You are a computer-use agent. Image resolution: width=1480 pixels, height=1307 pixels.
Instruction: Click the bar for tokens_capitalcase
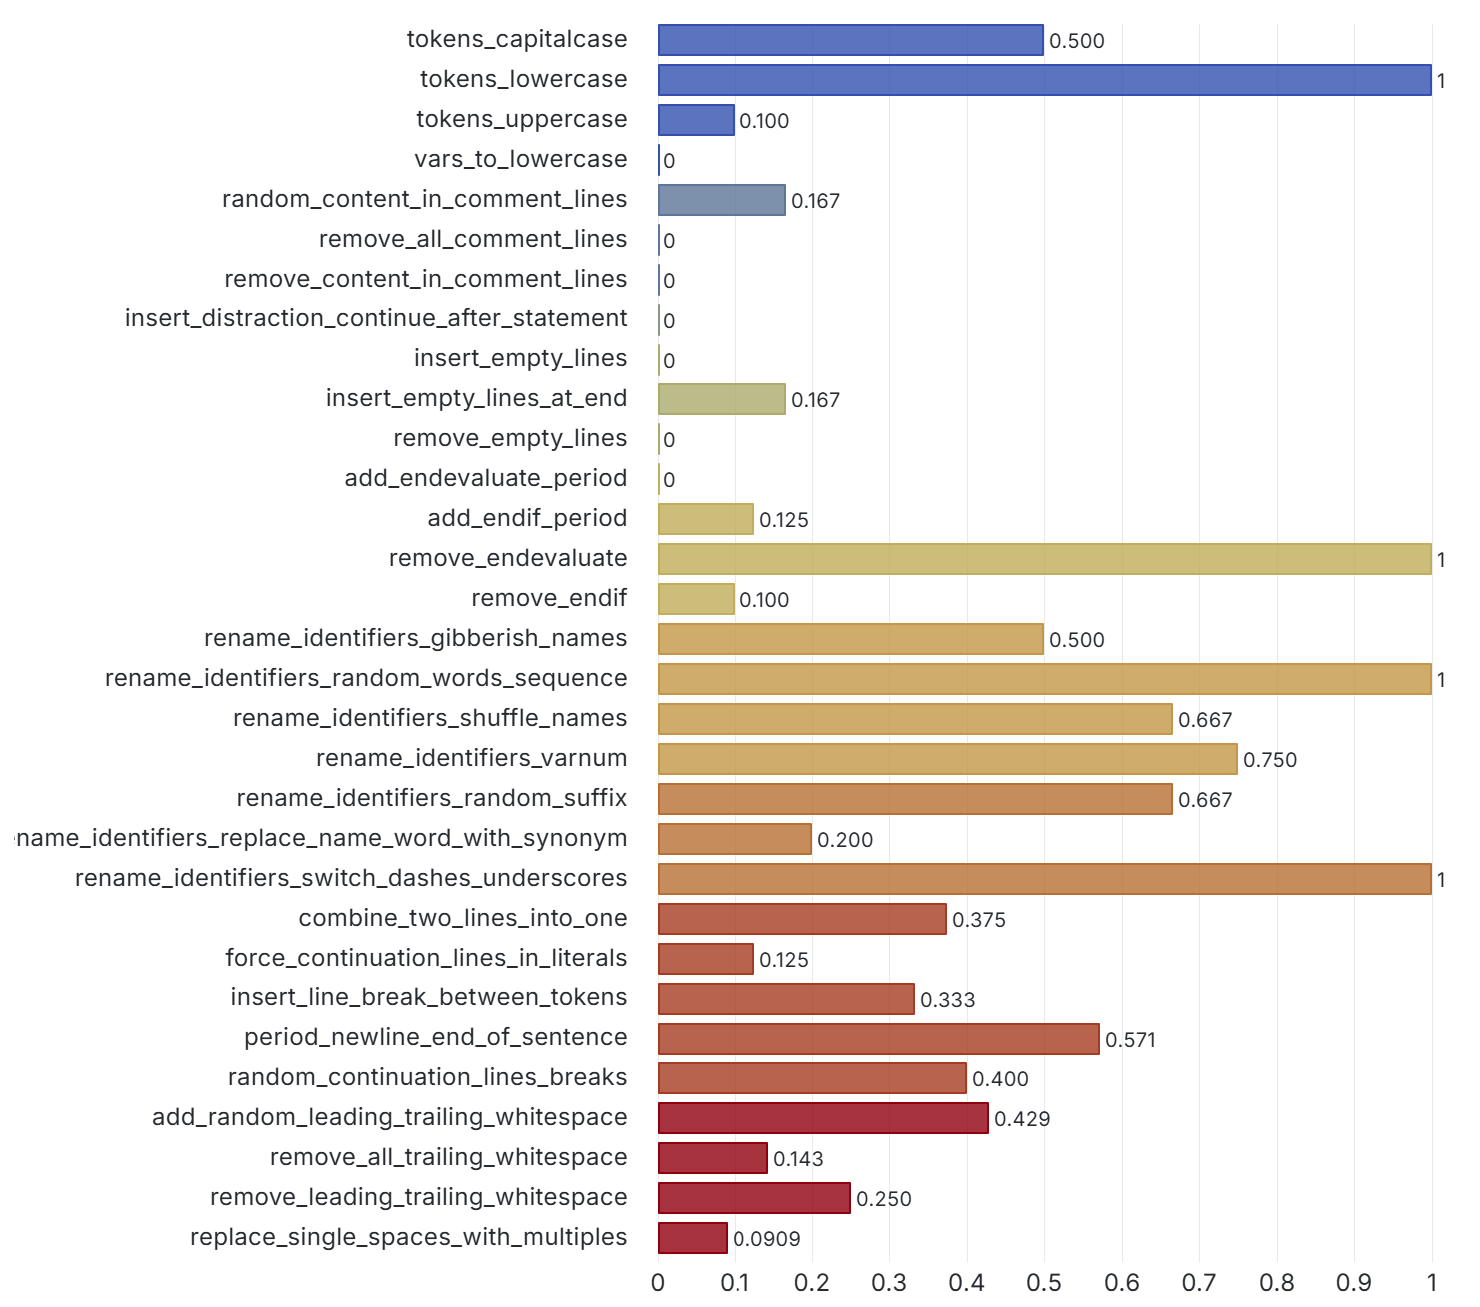click(850, 40)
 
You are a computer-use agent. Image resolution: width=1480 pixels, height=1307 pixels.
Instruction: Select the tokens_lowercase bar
click(1044, 80)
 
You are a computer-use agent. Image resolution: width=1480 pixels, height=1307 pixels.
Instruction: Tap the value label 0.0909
click(767, 1239)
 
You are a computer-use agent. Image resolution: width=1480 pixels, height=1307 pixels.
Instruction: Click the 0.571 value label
click(1130, 1040)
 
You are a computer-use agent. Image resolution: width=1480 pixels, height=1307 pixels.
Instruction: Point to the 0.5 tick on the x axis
click(1044, 1282)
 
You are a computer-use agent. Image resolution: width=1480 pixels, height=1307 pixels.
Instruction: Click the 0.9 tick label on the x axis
click(1354, 1282)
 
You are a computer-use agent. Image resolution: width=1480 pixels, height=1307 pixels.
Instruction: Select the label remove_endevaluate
click(508, 558)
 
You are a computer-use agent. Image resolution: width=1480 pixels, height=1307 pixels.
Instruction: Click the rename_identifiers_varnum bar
click(947, 759)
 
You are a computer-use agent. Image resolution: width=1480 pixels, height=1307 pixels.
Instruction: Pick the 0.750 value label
click(1269, 760)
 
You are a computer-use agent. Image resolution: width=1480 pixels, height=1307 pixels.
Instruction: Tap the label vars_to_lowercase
click(521, 159)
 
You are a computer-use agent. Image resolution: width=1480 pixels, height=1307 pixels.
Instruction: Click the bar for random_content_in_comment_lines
click(721, 200)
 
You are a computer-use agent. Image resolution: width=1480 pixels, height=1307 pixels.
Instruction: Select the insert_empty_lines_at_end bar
click(721, 399)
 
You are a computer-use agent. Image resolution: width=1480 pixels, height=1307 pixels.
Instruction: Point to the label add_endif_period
click(527, 518)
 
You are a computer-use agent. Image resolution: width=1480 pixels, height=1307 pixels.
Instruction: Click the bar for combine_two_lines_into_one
click(802, 919)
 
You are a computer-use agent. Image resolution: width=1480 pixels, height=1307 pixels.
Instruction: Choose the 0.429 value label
click(1022, 1119)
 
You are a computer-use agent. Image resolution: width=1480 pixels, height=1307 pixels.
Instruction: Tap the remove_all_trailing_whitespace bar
click(712, 1158)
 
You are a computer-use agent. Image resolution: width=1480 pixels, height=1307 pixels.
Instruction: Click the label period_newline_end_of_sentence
click(436, 1037)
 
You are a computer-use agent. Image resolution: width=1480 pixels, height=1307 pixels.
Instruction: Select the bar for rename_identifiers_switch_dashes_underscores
click(1044, 879)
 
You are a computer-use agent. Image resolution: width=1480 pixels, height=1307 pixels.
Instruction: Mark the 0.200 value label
click(845, 840)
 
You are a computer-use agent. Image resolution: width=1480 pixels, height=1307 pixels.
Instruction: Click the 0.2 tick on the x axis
click(812, 1282)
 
